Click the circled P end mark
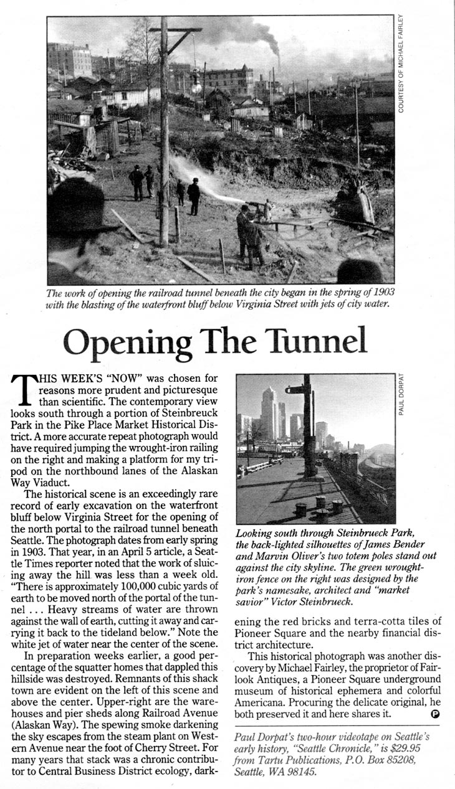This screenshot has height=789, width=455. (436, 714)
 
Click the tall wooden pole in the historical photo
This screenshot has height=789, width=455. (164, 137)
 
